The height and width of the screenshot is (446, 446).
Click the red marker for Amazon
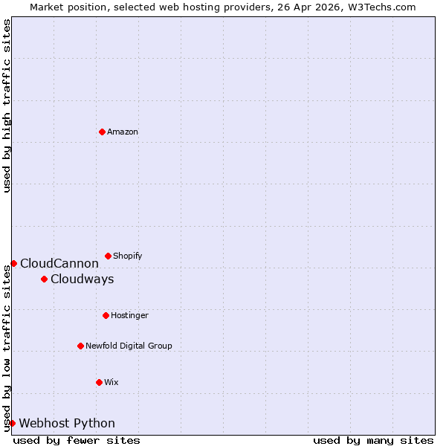point(102,132)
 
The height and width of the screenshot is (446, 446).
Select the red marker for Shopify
point(108,256)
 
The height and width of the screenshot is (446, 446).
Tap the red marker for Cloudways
point(44,279)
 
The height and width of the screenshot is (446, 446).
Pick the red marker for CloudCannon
point(13,263)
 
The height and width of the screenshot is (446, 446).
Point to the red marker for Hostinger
point(106,315)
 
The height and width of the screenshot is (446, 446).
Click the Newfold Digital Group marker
point(80,346)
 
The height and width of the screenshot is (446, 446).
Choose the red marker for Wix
point(99,382)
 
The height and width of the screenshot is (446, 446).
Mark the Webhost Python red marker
point(12,423)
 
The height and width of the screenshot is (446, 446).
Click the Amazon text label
point(123,132)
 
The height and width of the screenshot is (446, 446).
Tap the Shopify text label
point(127,256)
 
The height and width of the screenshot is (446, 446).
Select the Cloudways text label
point(82,279)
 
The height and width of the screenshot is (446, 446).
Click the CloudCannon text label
point(59,263)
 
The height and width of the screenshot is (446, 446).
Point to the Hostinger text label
point(130,315)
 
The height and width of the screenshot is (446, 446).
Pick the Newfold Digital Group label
point(129,346)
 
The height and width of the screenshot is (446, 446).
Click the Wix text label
point(111,382)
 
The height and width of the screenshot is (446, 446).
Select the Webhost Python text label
point(67,423)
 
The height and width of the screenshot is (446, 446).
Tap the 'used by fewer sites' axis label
point(77,440)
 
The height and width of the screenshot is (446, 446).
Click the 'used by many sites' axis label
point(373,440)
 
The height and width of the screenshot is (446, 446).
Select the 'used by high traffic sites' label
point(7,106)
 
